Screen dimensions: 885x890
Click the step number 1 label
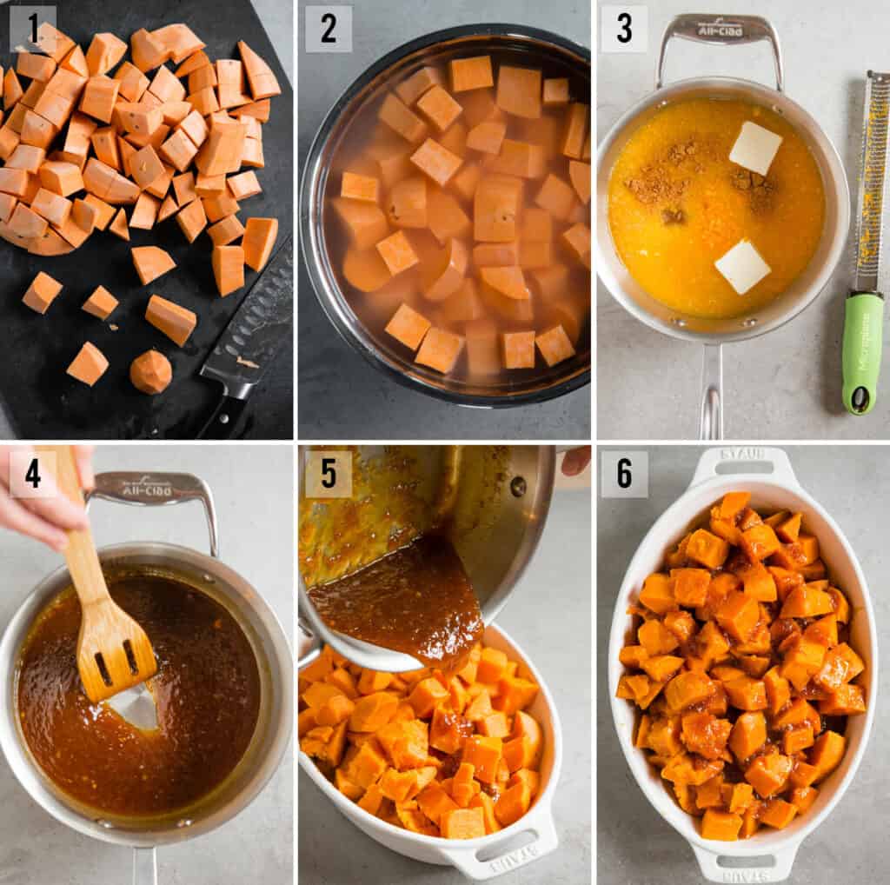click(x=33, y=29)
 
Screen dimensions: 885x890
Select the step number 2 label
click(x=329, y=29)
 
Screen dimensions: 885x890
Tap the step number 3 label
click(x=624, y=29)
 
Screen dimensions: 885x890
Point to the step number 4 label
click(x=33, y=474)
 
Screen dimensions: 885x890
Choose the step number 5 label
click(x=329, y=474)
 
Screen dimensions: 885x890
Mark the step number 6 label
click(x=624, y=474)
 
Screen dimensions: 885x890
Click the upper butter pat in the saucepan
click(x=754, y=148)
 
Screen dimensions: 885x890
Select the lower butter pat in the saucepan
click(x=741, y=266)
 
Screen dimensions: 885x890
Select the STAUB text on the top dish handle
click(x=741, y=454)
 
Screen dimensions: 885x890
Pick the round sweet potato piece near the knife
click(x=150, y=372)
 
